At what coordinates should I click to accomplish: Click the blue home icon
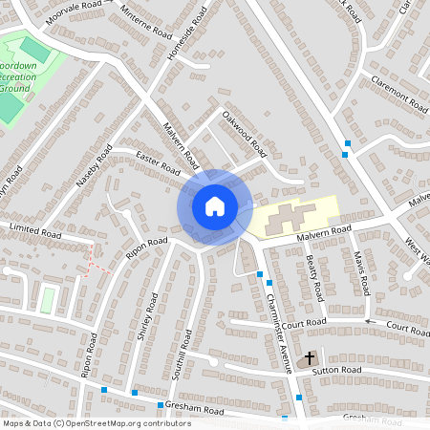click(214, 205)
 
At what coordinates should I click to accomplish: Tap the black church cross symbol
click(309, 356)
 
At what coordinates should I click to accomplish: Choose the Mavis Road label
click(360, 272)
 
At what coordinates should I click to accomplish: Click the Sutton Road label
click(339, 369)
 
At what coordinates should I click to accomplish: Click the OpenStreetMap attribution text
click(96, 422)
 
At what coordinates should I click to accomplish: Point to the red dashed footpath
click(94, 260)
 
